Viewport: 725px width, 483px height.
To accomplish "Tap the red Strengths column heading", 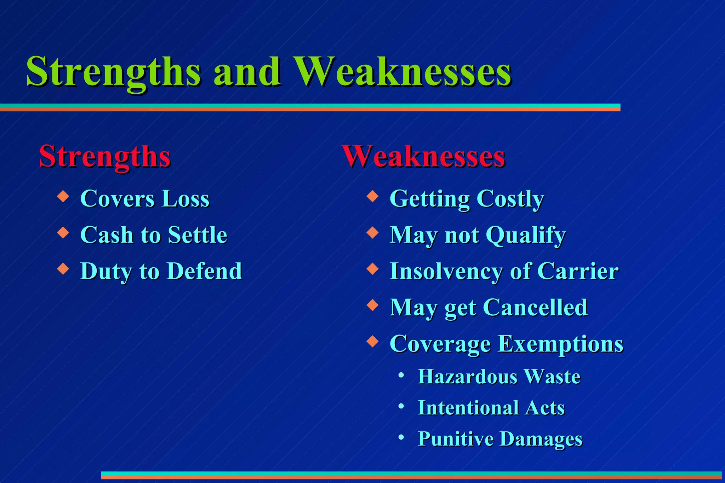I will click(105, 157).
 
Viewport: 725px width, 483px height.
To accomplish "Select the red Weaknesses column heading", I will click(423, 157).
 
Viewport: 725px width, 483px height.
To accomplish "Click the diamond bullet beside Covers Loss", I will click(63, 196).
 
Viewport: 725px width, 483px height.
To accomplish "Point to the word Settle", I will click(197, 235).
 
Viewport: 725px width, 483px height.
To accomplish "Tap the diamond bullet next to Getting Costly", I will click(372, 196).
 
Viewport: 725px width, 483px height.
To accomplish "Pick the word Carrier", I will click(577, 272).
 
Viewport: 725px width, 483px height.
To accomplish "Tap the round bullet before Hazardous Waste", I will click(401, 375).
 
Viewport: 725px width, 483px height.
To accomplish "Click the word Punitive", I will click(456, 439).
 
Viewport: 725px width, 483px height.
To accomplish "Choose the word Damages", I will click(541, 440).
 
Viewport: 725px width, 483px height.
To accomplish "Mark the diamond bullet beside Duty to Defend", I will click(63, 268).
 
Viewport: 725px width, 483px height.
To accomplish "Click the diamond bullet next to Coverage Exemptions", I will click(372, 341).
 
